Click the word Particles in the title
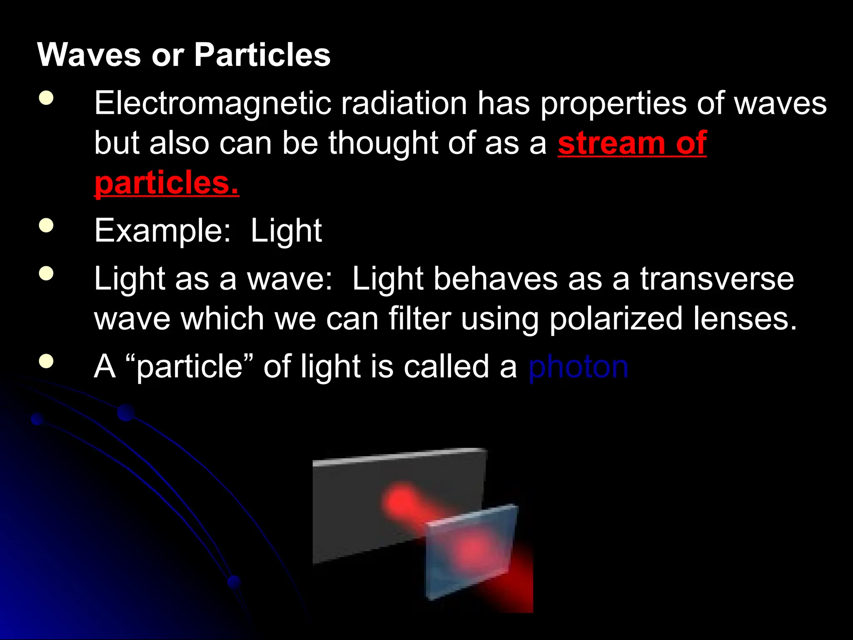262,55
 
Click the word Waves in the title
89,55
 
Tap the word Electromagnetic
212,103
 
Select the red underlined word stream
610,143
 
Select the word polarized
616,319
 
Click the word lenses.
745,319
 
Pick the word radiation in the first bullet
404,103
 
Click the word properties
613,103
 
